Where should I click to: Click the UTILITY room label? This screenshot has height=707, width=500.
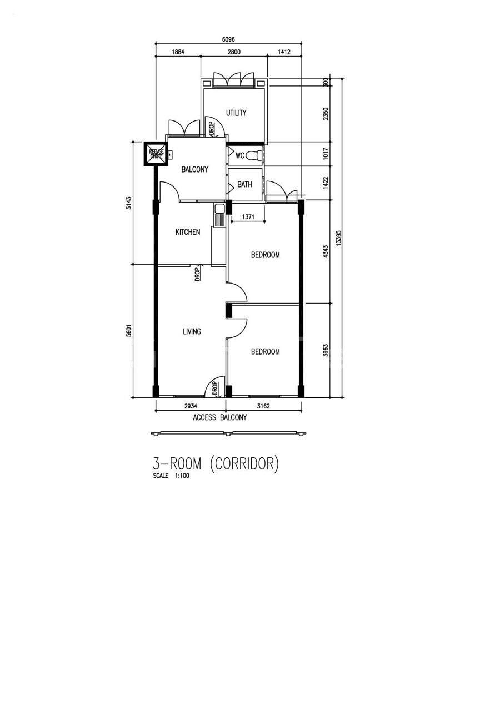[236, 113]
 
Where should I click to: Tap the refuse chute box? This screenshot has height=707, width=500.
[156, 154]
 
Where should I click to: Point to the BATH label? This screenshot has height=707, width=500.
[244, 184]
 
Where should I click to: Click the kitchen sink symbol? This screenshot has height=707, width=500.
[219, 215]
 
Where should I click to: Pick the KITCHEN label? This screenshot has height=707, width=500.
[188, 232]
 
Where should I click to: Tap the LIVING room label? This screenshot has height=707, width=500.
[192, 331]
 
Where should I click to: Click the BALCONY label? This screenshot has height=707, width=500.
[194, 169]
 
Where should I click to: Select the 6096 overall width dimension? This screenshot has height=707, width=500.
[228, 39]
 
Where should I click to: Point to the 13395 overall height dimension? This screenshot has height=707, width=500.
[339, 238]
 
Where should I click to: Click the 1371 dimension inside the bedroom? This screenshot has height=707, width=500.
[248, 217]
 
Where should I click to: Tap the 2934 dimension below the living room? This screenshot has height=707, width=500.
[191, 406]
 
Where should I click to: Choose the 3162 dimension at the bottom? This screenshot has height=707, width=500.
[263, 406]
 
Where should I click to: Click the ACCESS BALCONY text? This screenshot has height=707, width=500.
[219, 417]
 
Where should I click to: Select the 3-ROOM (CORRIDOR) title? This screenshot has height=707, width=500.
[216, 463]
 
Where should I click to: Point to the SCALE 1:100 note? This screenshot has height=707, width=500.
[171, 476]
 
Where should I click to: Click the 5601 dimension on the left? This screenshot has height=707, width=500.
[128, 331]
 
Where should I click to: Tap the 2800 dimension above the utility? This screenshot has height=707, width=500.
[234, 52]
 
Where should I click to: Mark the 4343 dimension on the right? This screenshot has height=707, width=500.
[326, 251]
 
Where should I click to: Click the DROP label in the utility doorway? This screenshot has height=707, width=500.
[212, 129]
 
